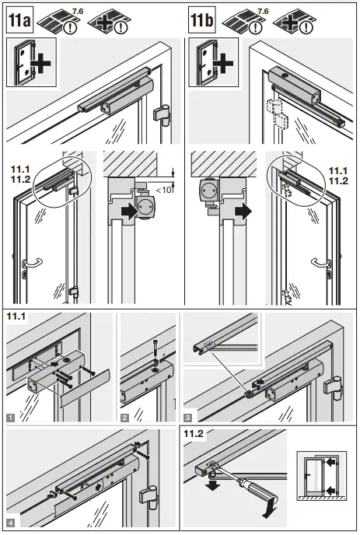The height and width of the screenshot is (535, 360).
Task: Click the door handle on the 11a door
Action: pyautogui.click(x=29, y=266)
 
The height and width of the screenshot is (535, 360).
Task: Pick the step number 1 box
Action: pyautogui.click(x=10, y=417)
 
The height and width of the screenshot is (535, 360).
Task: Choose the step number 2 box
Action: pyautogui.click(x=124, y=417)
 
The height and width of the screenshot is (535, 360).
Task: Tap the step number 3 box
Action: pyautogui.click(x=187, y=417)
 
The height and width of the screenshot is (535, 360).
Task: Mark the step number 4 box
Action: pyautogui.click(x=10, y=522)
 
